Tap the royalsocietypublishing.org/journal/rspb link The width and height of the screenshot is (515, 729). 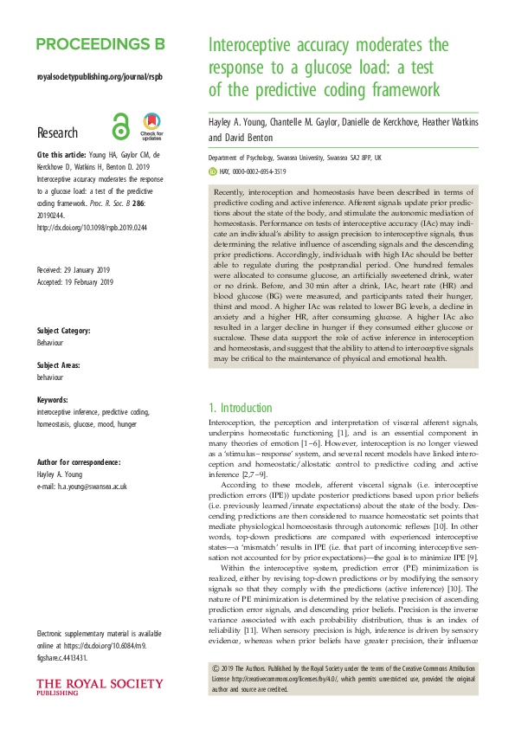coord(100,77)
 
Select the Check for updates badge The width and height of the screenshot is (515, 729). coord(151,126)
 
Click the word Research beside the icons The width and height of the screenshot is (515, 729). coord(57,133)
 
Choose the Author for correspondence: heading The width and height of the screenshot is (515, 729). coord(79,463)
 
